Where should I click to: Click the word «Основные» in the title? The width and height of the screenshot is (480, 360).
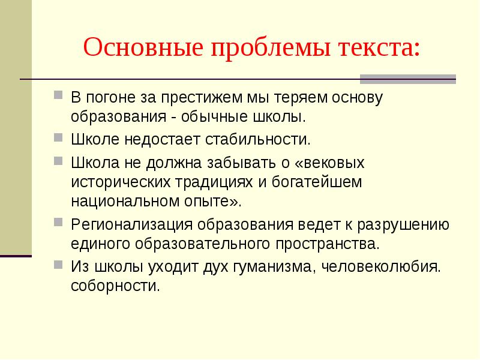(x=143, y=47)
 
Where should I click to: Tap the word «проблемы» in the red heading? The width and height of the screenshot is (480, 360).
(x=271, y=49)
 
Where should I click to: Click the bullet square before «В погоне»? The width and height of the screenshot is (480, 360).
(x=58, y=95)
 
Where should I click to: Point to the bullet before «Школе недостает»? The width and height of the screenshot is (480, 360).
(x=58, y=137)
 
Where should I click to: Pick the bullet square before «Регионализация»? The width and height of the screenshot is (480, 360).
(x=58, y=222)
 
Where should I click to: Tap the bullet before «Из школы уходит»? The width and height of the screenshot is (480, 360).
(x=58, y=264)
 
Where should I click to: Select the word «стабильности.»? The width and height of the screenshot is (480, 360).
(x=258, y=140)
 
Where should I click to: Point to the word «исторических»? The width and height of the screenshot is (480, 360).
(x=121, y=182)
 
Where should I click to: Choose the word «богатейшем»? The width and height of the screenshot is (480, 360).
(x=317, y=182)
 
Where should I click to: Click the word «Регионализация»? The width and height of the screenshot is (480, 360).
(x=132, y=225)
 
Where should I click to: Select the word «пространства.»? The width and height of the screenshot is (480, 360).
(x=328, y=245)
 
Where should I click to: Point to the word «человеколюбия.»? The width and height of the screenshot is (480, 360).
(x=381, y=267)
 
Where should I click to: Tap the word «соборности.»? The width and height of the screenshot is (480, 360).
(x=115, y=286)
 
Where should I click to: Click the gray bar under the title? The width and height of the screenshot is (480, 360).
(x=408, y=79)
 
